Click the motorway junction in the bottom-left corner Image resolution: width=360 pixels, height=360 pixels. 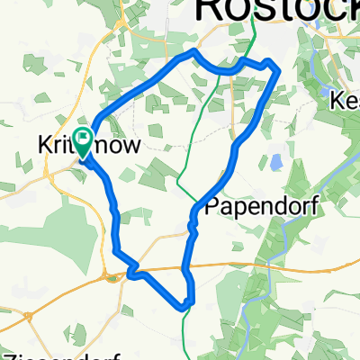pos(31,316)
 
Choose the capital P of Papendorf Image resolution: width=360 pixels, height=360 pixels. pos(213,207)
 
